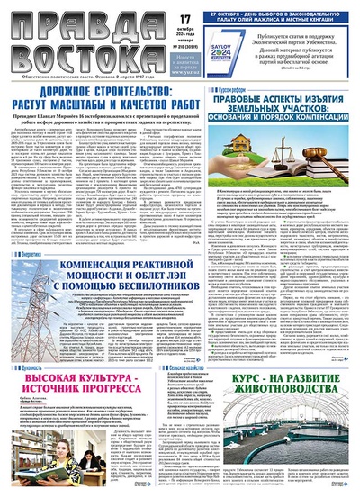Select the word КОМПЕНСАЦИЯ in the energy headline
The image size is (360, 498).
pyautogui.click(x=103, y=260)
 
